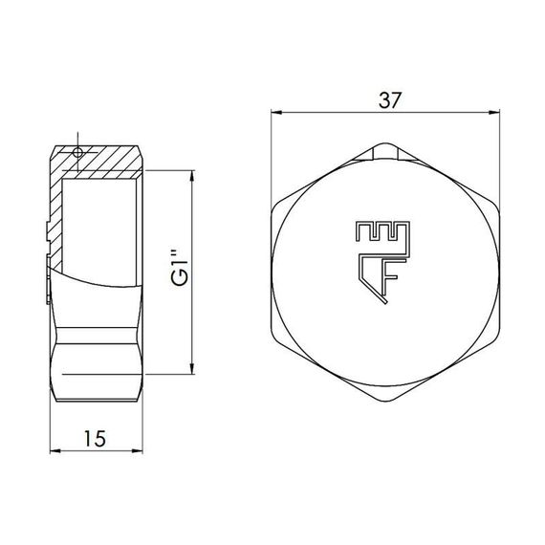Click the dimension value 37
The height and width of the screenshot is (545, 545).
click(x=388, y=98)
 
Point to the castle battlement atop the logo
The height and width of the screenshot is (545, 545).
click(x=381, y=232)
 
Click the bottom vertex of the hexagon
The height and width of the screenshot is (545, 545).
click(x=386, y=402)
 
